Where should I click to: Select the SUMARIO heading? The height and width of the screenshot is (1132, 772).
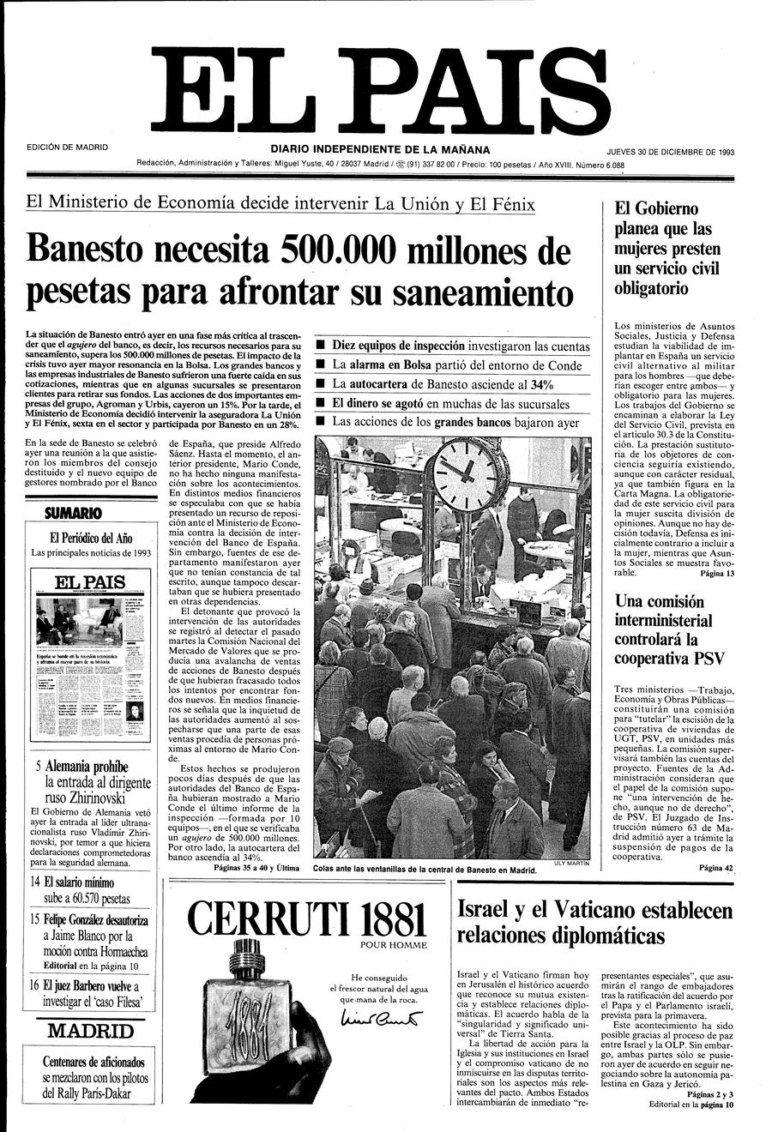click(73, 514)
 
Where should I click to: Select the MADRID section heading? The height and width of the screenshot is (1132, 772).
click(90, 1031)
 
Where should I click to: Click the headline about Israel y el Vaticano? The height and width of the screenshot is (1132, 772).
click(595, 922)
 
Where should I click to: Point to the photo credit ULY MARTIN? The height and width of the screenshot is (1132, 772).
click(572, 864)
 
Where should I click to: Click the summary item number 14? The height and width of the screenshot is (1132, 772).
click(35, 882)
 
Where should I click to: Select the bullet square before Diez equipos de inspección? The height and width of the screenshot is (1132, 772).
click(320, 346)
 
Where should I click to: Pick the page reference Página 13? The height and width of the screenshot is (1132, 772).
click(717, 573)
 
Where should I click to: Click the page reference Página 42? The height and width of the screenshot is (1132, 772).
click(716, 868)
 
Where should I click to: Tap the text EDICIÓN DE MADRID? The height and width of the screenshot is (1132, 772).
click(68, 147)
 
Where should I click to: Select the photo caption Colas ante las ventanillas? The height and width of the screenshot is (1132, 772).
click(425, 869)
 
